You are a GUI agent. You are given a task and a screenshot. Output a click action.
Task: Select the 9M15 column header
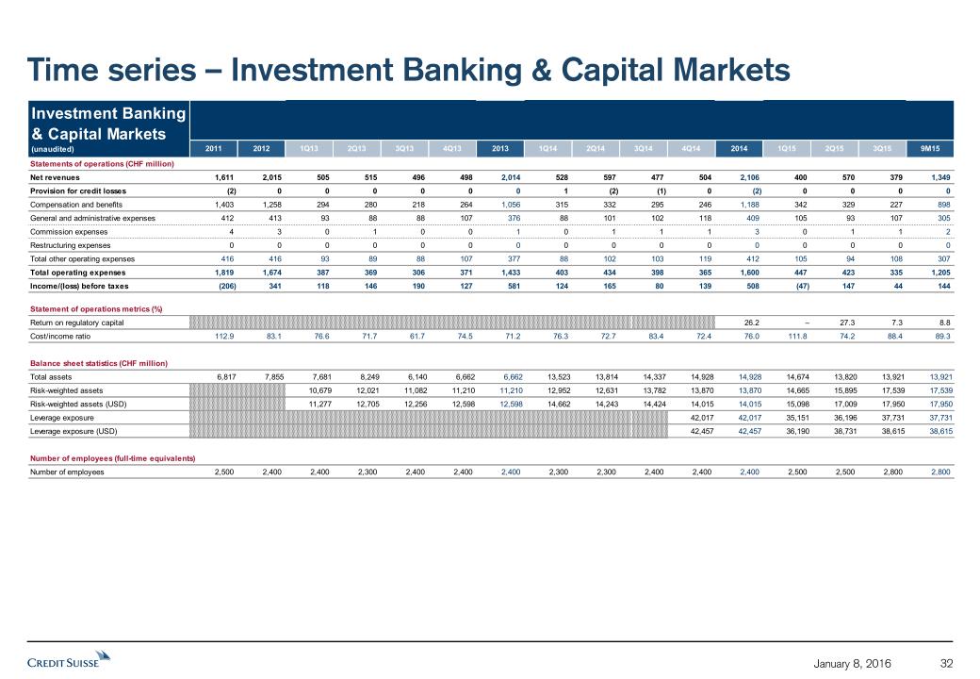939,147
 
